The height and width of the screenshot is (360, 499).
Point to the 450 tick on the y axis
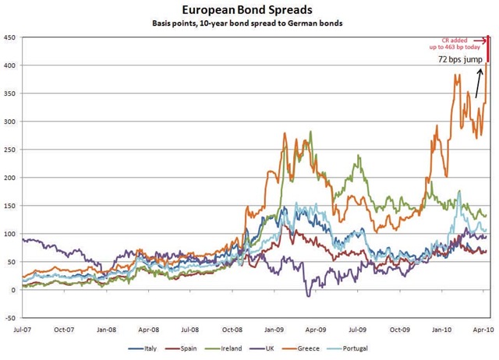(x=11, y=37)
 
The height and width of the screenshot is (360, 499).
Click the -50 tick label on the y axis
(x=11, y=318)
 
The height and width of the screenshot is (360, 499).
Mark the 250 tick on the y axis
(x=11, y=150)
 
